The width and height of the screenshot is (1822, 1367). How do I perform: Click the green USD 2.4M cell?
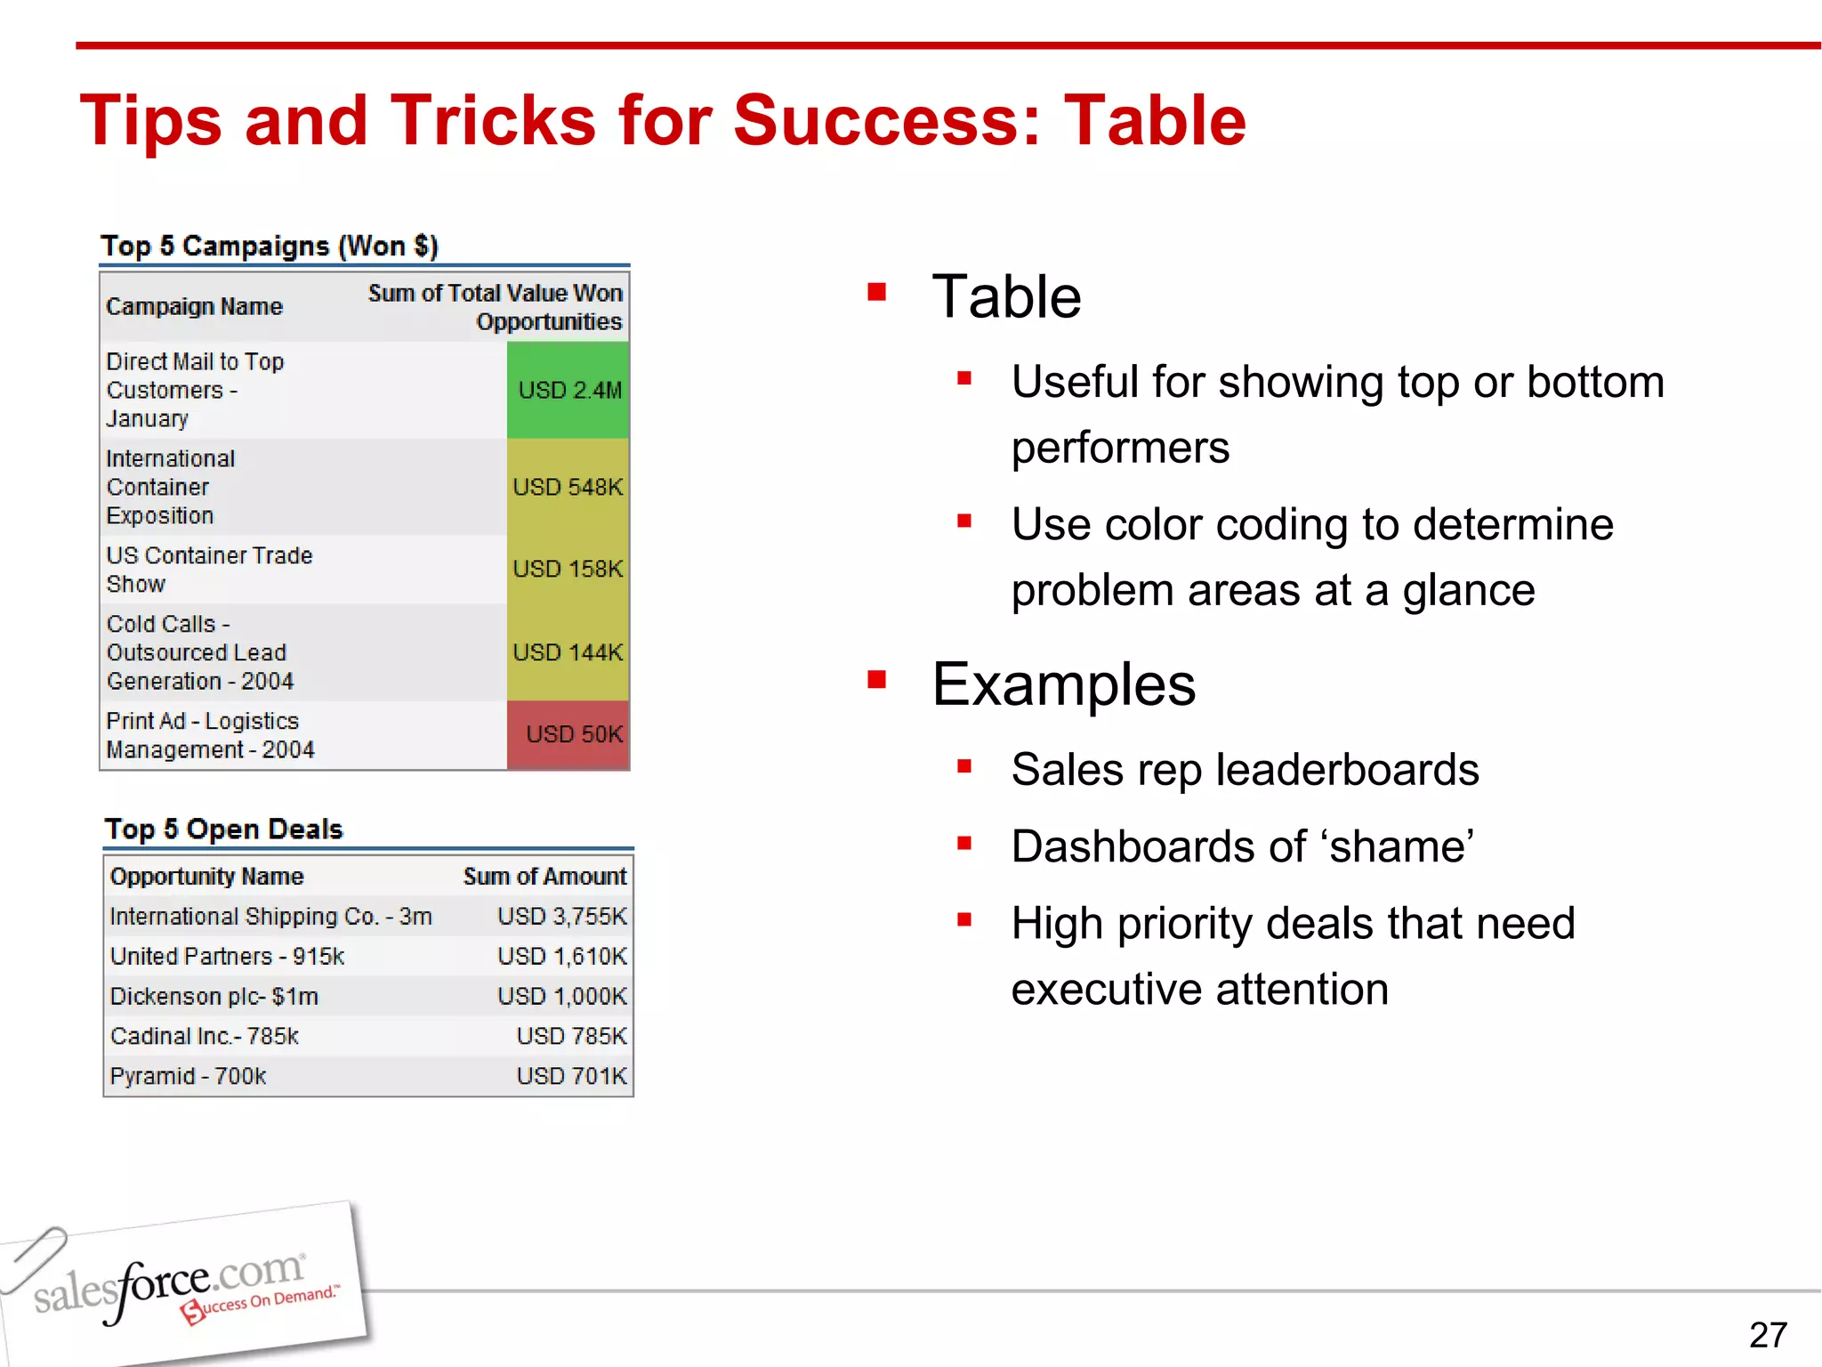click(568, 390)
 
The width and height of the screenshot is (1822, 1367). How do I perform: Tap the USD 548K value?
click(568, 487)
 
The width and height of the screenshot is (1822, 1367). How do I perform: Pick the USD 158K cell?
click(568, 569)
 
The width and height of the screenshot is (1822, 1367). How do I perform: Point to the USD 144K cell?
click(568, 652)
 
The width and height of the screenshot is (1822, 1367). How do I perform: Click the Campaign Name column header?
click(194, 307)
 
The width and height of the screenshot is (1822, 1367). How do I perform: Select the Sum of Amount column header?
click(544, 877)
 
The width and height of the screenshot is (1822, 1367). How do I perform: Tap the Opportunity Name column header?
click(206, 877)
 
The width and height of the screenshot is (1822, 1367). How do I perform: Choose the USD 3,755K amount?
click(561, 917)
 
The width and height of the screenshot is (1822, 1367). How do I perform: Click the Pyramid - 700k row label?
click(188, 1076)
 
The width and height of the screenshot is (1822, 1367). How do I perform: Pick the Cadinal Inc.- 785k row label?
click(204, 1036)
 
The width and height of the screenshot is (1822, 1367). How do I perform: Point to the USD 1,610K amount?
click(561, 957)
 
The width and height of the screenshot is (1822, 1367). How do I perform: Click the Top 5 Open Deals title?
click(223, 829)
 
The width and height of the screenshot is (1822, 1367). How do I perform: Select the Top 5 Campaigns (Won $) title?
click(269, 247)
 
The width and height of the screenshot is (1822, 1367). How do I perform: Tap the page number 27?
click(1767, 1335)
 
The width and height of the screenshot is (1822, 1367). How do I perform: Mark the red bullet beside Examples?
click(877, 681)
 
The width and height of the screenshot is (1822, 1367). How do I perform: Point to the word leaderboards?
click(1347, 770)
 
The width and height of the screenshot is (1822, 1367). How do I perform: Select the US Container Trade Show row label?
click(209, 570)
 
